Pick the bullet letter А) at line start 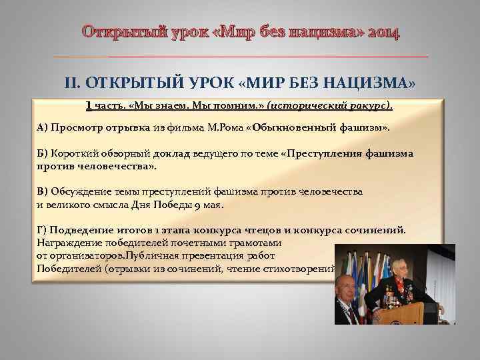[x=42, y=127]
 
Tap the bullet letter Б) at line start [x=41, y=153]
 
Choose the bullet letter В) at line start [x=42, y=191]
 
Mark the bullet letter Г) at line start [x=41, y=230]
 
